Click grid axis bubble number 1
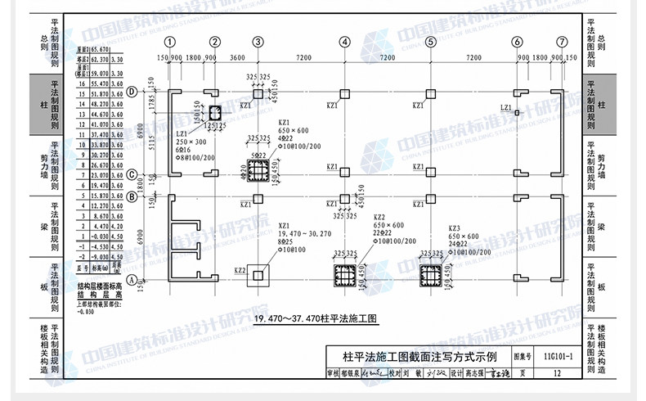[x=170, y=42]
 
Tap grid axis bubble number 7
[x=562, y=42]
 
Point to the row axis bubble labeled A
[x=132, y=280]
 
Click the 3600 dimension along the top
[x=237, y=59]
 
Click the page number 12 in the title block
[x=558, y=373]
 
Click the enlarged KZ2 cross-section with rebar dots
[x=346, y=275]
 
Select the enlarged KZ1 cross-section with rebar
[x=258, y=170]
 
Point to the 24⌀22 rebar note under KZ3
[x=459, y=244]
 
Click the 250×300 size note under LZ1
[x=191, y=142]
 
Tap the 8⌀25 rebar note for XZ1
[x=286, y=242]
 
